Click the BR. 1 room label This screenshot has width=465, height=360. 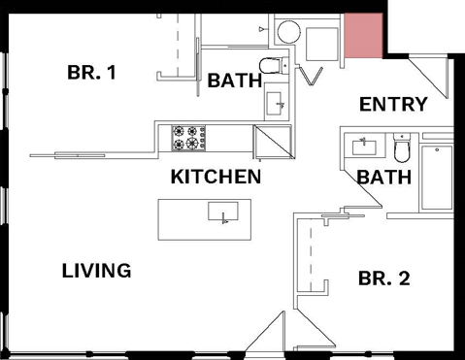[92, 72]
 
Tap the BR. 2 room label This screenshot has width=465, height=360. [383, 278]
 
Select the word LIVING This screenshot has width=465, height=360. [96, 270]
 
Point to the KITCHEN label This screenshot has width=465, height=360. [216, 177]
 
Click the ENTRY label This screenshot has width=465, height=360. [393, 104]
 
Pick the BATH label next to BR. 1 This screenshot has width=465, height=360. [234, 81]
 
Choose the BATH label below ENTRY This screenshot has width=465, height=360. [384, 178]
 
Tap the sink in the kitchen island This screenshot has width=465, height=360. [224, 213]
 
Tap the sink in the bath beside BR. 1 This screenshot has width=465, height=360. [276, 103]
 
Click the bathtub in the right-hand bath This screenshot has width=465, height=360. [437, 178]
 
